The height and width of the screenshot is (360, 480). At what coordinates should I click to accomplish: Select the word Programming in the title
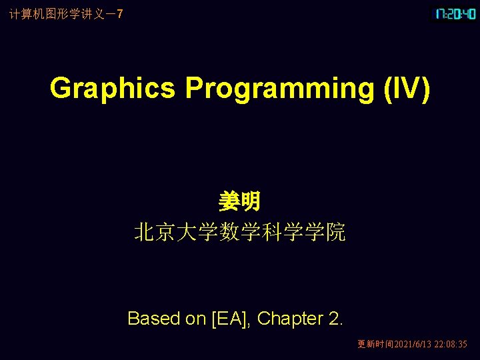click(279, 88)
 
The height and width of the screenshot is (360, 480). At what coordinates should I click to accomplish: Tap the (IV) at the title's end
click(406, 88)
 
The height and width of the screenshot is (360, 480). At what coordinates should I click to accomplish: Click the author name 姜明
click(239, 201)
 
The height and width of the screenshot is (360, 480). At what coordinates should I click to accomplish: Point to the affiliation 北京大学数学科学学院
click(239, 232)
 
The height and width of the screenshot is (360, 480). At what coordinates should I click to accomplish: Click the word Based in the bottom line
click(153, 319)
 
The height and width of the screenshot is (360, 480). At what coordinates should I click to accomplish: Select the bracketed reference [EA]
click(231, 319)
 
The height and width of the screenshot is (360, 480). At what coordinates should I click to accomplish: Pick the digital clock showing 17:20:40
click(455, 13)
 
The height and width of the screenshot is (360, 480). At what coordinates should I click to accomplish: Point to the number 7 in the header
click(119, 13)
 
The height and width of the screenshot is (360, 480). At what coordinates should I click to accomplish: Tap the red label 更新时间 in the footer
click(375, 345)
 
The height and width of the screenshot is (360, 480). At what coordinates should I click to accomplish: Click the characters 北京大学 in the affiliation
click(175, 232)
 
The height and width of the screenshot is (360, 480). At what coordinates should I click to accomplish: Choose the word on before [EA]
click(195, 319)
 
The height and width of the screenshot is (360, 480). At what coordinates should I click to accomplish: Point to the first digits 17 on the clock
click(441, 13)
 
